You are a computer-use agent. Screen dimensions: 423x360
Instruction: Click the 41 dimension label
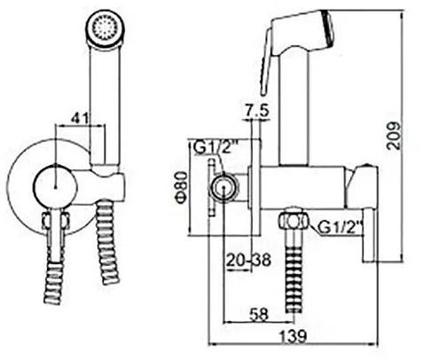pyautogui.click(x=80, y=118)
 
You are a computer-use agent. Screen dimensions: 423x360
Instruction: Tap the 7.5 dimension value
pyautogui.click(x=256, y=111)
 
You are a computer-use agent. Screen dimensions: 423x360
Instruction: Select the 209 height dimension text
pyautogui.click(x=394, y=136)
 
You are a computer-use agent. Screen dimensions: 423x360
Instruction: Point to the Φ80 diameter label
pyautogui.click(x=181, y=187)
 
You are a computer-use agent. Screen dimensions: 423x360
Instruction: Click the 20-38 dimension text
pyautogui.click(x=248, y=261)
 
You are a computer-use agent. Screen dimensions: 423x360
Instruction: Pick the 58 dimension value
pyautogui.click(x=259, y=315)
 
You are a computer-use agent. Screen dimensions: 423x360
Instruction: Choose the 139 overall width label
pyautogui.click(x=294, y=335)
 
